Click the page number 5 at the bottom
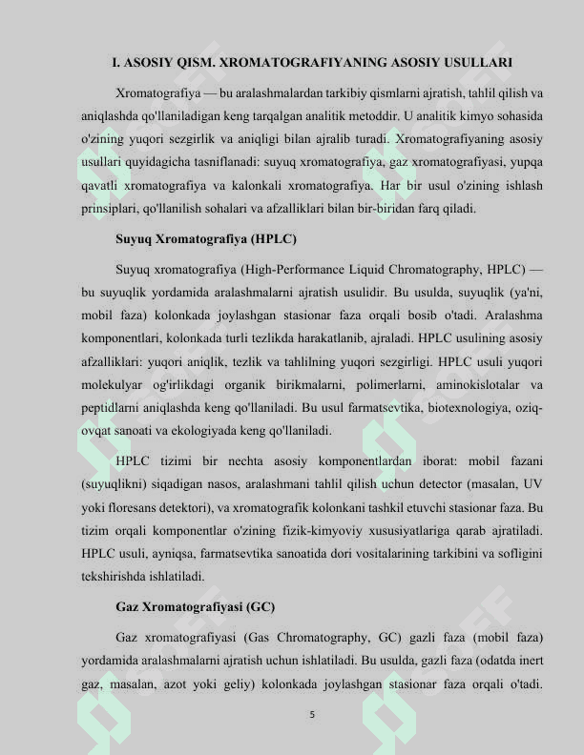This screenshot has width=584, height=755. tap(312, 714)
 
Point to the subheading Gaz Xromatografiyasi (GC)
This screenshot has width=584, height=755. tap(195, 607)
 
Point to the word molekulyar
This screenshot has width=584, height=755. tap(117, 385)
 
